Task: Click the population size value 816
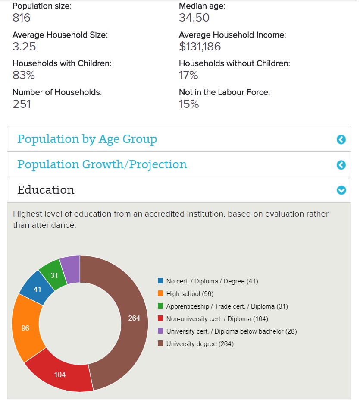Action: (22, 18)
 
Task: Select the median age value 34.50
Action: (194, 18)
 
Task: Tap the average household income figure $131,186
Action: (200, 47)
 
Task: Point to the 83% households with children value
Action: (24, 76)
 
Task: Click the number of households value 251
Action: (22, 104)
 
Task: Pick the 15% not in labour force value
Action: (189, 104)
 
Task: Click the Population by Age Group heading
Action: (87, 139)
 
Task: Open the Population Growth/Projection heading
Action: (102, 164)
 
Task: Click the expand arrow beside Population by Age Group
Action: (341, 139)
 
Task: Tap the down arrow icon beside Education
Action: (341, 190)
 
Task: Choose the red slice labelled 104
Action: (60, 374)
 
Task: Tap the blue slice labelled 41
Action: (37, 288)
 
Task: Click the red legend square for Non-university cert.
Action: (160, 319)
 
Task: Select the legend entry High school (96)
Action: (190, 294)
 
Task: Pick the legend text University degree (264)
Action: (200, 344)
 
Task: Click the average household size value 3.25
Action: (24, 47)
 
